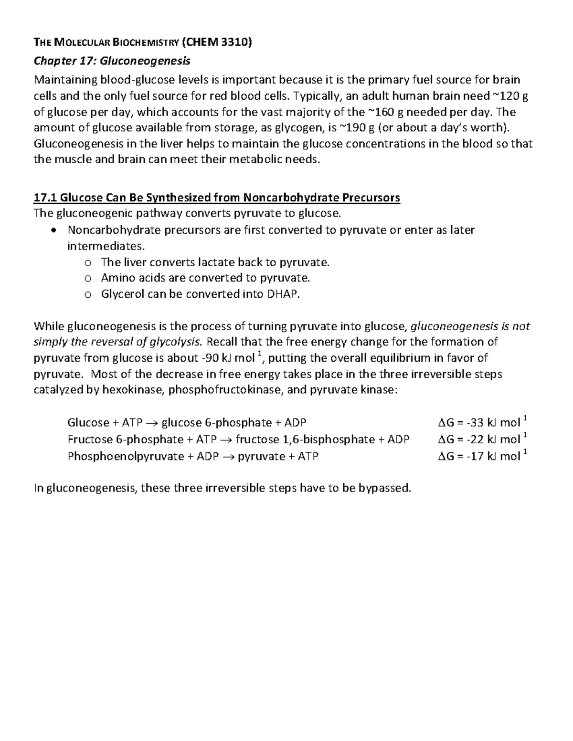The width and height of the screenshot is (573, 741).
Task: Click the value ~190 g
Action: (x=358, y=128)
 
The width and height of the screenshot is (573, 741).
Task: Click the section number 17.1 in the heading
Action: (x=44, y=198)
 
